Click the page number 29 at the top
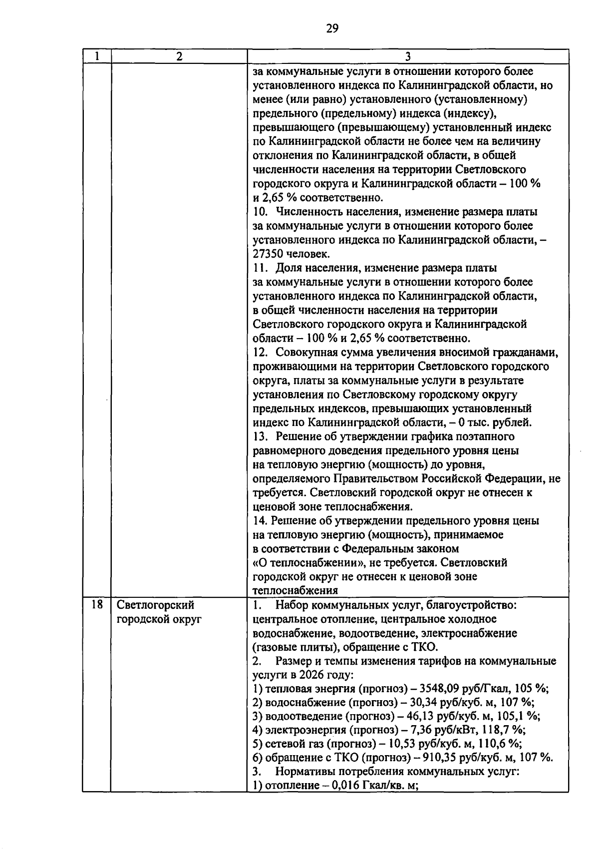332,28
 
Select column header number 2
179,56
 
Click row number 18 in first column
97,605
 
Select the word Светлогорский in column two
155,605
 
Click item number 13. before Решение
262,437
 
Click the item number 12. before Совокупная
262,353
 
